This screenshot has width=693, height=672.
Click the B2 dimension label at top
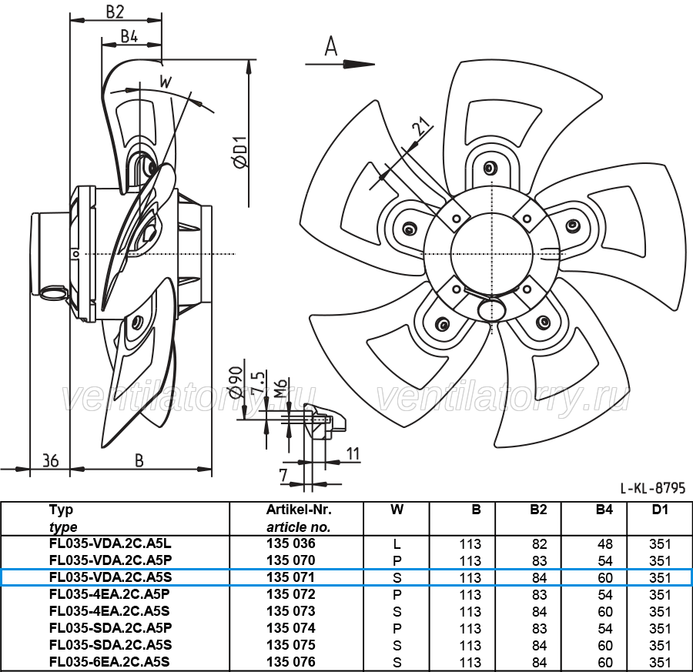(x=115, y=12)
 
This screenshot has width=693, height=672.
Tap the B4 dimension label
(x=129, y=36)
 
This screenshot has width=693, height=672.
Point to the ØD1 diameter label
(x=240, y=152)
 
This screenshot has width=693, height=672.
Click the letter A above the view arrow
(x=331, y=46)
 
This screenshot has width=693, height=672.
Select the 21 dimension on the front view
(x=421, y=126)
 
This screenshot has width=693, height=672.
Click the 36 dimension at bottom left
(x=50, y=461)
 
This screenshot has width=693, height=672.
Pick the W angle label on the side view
(x=166, y=82)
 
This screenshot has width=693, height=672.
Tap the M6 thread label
(x=281, y=388)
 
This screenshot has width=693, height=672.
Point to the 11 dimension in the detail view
(x=353, y=453)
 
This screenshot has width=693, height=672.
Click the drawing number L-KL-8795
(x=652, y=488)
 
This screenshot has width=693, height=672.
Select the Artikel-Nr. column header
(x=299, y=510)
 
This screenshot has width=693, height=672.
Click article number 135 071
(x=291, y=577)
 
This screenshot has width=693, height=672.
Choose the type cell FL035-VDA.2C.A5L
(x=110, y=543)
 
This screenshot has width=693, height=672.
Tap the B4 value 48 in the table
(x=605, y=544)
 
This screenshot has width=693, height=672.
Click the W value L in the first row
(x=397, y=544)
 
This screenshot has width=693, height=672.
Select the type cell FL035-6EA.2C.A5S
(x=110, y=662)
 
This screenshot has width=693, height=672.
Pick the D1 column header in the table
(x=660, y=510)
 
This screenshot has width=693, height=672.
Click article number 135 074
(x=291, y=628)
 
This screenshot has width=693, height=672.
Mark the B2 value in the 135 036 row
(x=540, y=544)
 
